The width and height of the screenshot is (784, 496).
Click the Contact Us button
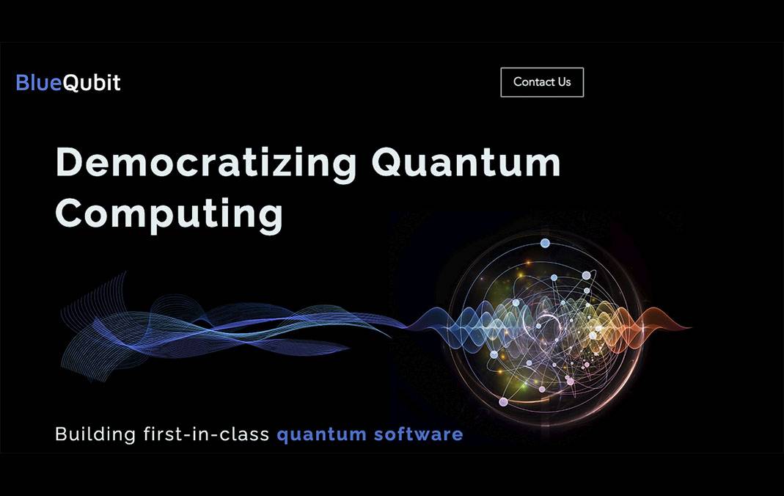(542, 82)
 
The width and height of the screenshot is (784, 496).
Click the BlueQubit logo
(68, 82)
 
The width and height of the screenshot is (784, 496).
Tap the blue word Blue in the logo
(38, 82)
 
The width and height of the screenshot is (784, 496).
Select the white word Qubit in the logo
(92, 83)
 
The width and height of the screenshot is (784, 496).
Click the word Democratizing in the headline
(206, 164)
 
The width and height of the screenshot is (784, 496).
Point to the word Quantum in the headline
(466, 163)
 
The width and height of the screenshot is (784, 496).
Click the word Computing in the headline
(169, 214)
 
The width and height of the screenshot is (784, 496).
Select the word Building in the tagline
(95, 434)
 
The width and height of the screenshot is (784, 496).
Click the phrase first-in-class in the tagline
(206, 434)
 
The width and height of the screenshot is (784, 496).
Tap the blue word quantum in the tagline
(321, 434)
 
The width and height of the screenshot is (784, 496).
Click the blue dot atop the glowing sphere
(545, 244)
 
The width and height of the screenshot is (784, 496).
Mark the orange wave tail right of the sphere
(660, 324)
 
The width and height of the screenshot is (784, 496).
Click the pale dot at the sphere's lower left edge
(504, 402)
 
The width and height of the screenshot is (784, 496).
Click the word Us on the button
(565, 82)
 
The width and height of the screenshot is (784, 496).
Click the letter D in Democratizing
(68, 162)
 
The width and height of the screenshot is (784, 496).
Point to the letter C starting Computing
(68, 213)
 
